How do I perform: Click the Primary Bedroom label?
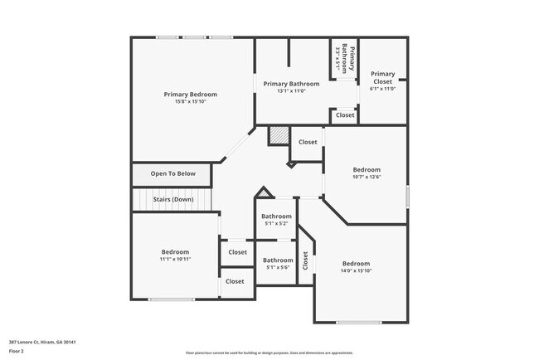click(191, 95)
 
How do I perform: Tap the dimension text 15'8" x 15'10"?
click(191, 102)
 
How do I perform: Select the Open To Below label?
click(172, 173)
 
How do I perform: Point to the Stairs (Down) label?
click(172, 199)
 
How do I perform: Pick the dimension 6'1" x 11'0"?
click(383, 89)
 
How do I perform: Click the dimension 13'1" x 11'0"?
click(292, 91)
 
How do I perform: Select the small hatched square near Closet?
click(279, 135)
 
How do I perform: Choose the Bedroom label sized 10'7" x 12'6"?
click(367, 168)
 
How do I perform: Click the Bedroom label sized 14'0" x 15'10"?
click(356, 263)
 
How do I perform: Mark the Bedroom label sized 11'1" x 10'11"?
click(175, 251)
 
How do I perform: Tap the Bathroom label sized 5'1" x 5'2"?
click(275, 216)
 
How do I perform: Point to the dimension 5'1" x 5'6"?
click(278, 267)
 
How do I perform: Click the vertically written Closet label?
click(306, 262)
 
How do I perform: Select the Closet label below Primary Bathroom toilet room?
click(345, 114)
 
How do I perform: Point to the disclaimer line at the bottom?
click(269, 353)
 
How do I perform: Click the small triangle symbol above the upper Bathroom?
click(265, 194)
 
